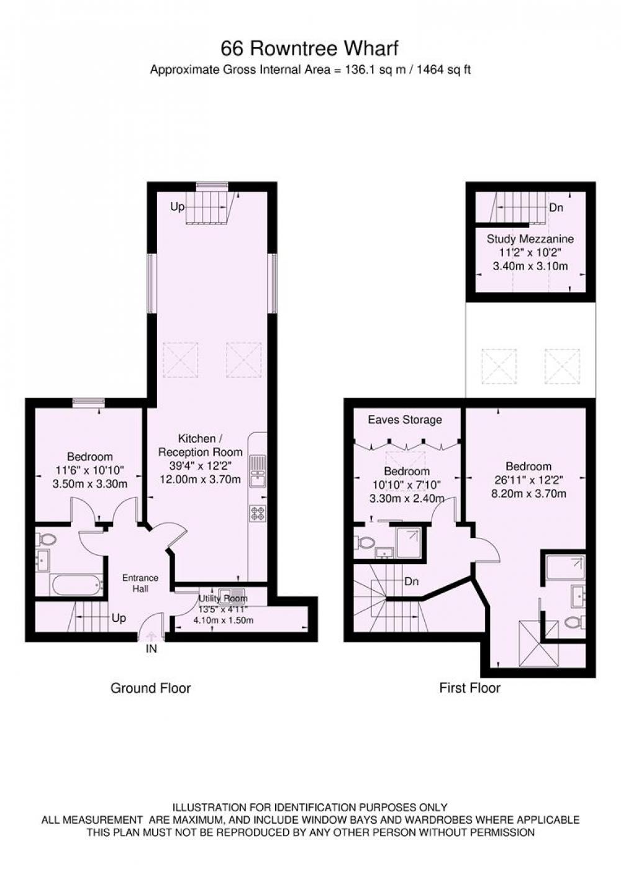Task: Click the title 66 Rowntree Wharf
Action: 309,48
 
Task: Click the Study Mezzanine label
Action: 530,239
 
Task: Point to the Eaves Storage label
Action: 405,420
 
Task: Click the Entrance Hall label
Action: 140,583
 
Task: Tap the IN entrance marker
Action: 151,649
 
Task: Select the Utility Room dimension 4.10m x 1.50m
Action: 223,620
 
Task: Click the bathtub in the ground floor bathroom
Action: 76,585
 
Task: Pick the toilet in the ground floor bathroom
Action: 47,540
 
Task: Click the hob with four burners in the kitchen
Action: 258,513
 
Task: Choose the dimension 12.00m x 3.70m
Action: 201,479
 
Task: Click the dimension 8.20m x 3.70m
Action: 528,493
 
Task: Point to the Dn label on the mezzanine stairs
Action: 556,207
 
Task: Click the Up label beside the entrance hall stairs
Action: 119,618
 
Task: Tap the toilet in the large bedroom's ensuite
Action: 576,622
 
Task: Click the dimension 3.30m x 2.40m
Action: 407,498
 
